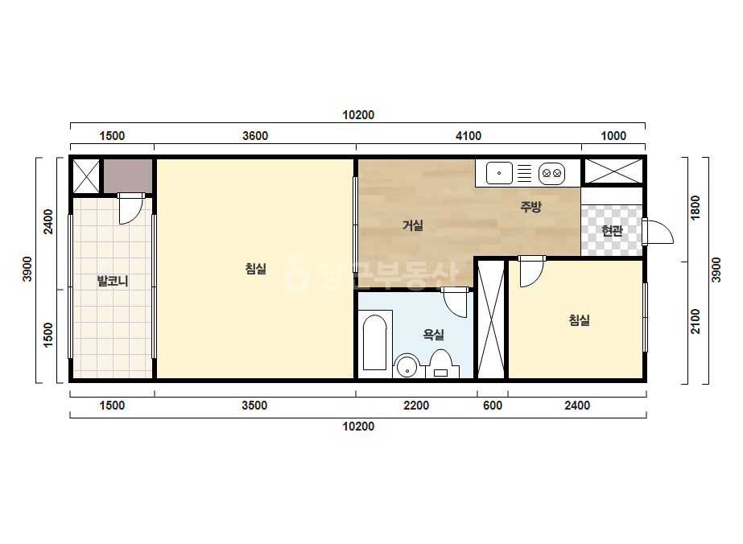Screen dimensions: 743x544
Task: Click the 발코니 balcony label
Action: [113, 282]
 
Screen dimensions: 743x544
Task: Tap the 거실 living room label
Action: [413, 225]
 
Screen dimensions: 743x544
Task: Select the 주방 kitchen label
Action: [530, 207]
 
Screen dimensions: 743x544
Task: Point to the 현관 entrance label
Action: [612, 231]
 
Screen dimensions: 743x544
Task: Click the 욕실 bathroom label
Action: [434, 335]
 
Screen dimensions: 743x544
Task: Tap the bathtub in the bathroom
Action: [375, 343]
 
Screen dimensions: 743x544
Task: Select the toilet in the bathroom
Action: [441, 364]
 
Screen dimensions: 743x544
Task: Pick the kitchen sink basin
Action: [499, 173]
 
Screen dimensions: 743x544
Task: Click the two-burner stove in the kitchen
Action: [552, 174]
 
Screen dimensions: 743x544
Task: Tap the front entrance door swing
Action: [658, 232]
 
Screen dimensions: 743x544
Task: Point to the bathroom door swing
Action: [455, 303]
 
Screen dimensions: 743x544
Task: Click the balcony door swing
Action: [131, 208]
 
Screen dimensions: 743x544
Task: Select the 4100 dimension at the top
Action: [469, 136]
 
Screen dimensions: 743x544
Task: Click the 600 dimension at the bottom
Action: [493, 406]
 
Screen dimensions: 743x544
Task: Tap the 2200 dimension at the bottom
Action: [416, 406]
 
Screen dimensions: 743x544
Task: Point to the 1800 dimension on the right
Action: [696, 208]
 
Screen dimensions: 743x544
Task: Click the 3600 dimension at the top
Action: [255, 136]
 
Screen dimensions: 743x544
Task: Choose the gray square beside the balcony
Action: [128, 175]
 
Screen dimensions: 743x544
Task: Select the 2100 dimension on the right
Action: [696, 321]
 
